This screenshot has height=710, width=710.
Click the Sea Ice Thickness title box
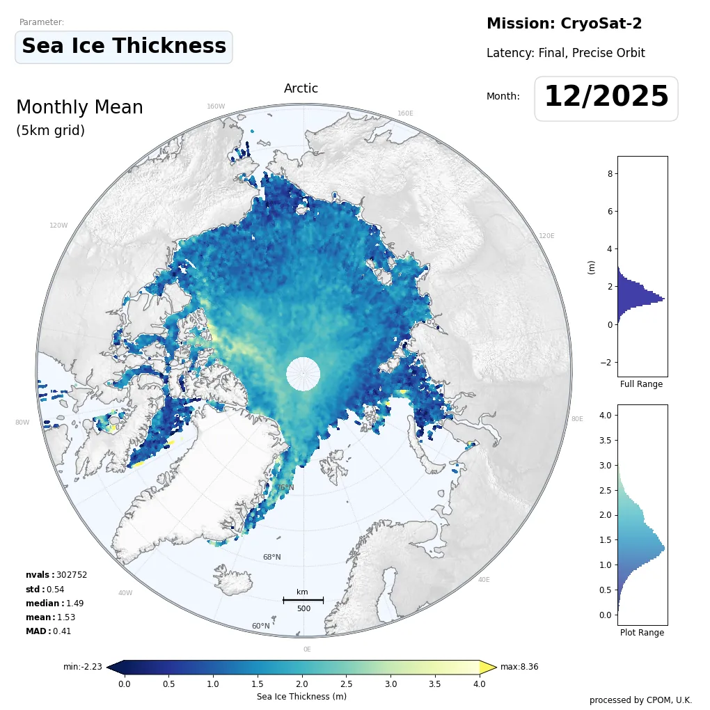pyautogui.click(x=123, y=47)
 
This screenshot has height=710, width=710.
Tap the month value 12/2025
pyautogui.click(x=606, y=97)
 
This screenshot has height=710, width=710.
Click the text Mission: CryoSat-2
pyautogui.click(x=564, y=24)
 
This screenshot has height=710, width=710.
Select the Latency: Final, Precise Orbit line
pyautogui.click(x=565, y=53)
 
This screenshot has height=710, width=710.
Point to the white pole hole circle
pyautogui.click(x=303, y=374)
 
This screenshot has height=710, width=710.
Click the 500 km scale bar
pyautogui.click(x=303, y=600)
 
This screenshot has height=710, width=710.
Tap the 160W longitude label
pyautogui.click(x=216, y=106)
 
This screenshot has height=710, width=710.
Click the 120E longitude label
pyautogui.click(x=546, y=236)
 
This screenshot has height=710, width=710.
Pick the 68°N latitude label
pyautogui.click(x=271, y=557)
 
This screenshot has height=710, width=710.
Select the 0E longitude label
pyautogui.click(x=307, y=649)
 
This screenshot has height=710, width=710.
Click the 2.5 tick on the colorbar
pyautogui.click(x=346, y=684)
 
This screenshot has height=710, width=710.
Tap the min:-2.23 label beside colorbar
pyautogui.click(x=83, y=667)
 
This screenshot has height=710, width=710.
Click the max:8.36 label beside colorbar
pyautogui.click(x=519, y=667)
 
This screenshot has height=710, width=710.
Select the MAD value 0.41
pyautogui.click(x=62, y=631)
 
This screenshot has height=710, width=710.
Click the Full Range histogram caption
pyautogui.click(x=641, y=384)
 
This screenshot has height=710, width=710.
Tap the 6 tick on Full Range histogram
pyautogui.click(x=610, y=211)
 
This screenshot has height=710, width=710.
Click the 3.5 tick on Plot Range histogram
pyautogui.click(x=606, y=440)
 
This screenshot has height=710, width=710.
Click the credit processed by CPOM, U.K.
pyautogui.click(x=640, y=700)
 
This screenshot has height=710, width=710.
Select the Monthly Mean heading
pyautogui.click(x=79, y=108)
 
